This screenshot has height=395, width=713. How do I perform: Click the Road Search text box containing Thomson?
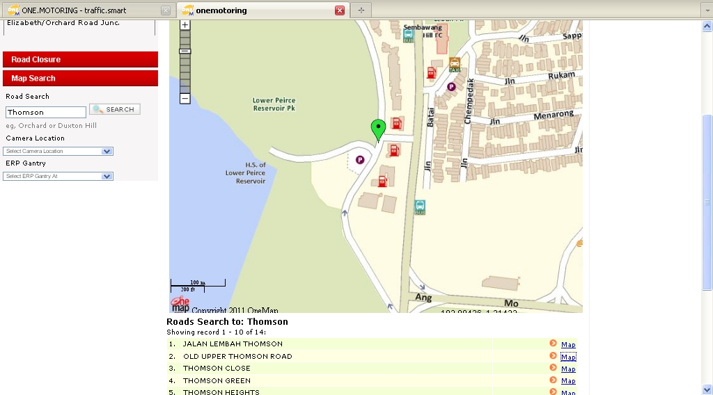tap(46, 112)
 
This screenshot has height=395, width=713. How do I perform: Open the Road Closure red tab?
tap(80, 60)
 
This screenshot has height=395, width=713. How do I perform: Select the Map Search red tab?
tap(80, 79)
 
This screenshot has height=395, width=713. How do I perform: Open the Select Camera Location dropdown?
tap(58, 151)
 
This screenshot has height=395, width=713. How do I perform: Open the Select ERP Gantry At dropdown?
tap(58, 176)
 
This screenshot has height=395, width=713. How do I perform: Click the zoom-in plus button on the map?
tap(185, 24)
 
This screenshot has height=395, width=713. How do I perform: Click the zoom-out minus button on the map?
tap(185, 99)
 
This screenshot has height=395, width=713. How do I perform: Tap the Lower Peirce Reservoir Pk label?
tap(274, 104)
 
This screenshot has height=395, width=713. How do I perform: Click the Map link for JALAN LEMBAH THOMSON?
tap(568, 344)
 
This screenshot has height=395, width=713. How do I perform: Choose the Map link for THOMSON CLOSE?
tap(568, 369)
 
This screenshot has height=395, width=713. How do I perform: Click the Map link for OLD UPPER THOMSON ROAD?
tap(568, 357)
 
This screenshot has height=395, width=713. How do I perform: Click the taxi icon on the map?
tap(455, 64)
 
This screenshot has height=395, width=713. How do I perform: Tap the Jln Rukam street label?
tap(533, 76)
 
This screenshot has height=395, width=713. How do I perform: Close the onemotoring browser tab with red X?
tap(340, 10)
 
